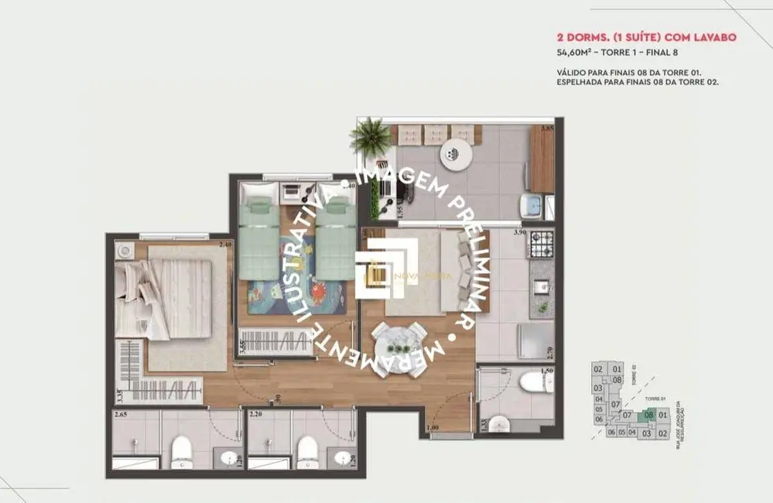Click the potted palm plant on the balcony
(x=371, y=137)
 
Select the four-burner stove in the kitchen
(x=540, y=245)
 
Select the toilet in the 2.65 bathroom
(x=181, y=448)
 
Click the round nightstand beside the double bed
(x=125, y=251)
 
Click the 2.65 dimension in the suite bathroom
(x=120, y=416)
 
